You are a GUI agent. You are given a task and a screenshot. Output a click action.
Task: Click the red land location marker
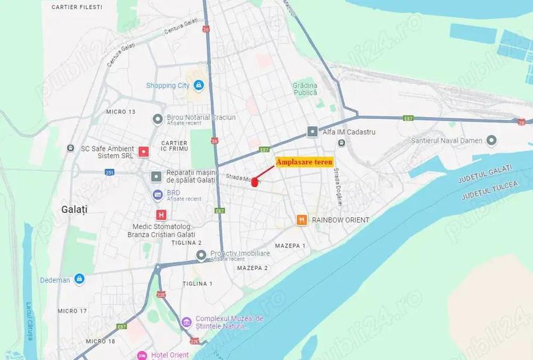point(255,182)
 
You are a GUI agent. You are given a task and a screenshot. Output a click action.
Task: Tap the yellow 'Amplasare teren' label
point(305,162)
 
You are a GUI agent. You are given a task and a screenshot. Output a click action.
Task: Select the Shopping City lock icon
point(199,85)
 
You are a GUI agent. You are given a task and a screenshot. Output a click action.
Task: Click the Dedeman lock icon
point(79,279)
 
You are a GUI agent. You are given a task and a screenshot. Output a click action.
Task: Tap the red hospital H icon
point(161,215)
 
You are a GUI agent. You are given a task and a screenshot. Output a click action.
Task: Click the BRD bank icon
point(157,194)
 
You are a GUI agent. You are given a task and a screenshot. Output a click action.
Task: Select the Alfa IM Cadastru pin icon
point(312,132)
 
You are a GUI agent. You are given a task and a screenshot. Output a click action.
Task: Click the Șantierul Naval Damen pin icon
point(491,140)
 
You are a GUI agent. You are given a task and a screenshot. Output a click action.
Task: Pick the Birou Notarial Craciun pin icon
point(157,119)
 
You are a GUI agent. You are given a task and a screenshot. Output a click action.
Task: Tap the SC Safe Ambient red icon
point(144,152)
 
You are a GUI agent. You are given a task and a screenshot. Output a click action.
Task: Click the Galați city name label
point(74,209)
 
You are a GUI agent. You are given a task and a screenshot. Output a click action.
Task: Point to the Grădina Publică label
point(305,89)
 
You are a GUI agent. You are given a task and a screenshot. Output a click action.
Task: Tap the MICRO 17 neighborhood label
point(72,311)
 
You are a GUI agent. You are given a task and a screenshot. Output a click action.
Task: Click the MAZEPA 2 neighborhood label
point(252,268)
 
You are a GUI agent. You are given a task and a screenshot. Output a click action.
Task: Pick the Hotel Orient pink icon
point(142,355)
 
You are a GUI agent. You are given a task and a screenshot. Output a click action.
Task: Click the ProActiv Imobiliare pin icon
point(201,255)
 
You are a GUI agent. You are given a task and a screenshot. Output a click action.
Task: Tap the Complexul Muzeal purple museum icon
point(186,322)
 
